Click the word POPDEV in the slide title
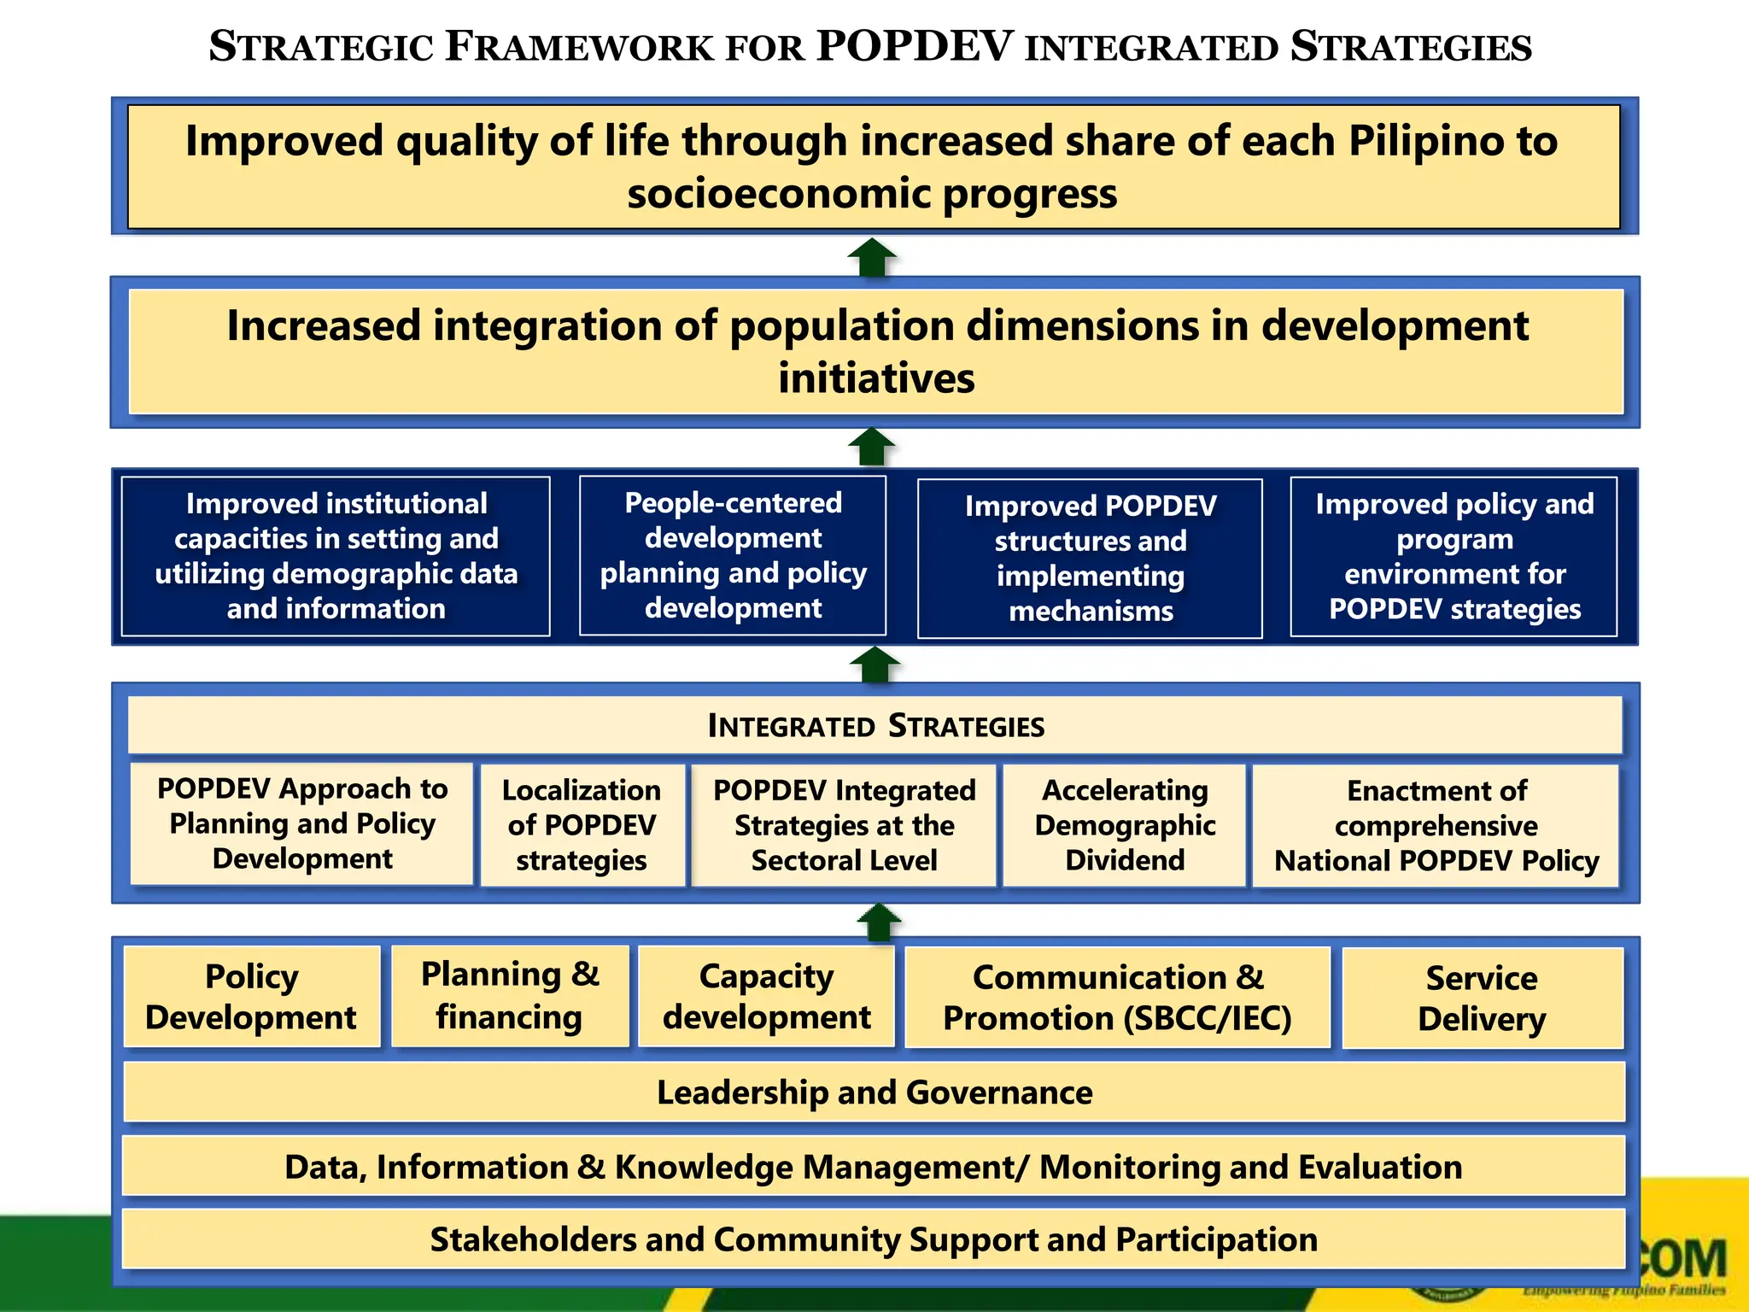[x=915, y=46]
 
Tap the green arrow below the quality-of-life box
[x=872, y=257]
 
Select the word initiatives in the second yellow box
[x=876, y=378]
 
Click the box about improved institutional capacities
[x=336, y=556]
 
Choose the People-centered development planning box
[x=733, y=555]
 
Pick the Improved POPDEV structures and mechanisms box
[x=1090, y=559]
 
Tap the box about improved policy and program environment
[x=1454, y=556]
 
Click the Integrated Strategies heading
[x=875, y=726]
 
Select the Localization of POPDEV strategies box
[x=582, y=825]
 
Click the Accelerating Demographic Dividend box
[x=1124, y=825]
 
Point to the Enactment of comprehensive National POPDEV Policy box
[x=1436, y=825]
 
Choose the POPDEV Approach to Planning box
[x=302, y=823]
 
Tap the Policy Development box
[x=251, y=997]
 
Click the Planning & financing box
[x=510, y=996]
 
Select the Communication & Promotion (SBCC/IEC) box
[x=1117, y=998]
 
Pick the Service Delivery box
[x=1482, y=999]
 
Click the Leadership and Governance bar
[x=874, y=1092]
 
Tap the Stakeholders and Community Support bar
[x=873, y=1239]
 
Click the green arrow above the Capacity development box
[x=879, y=922]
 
